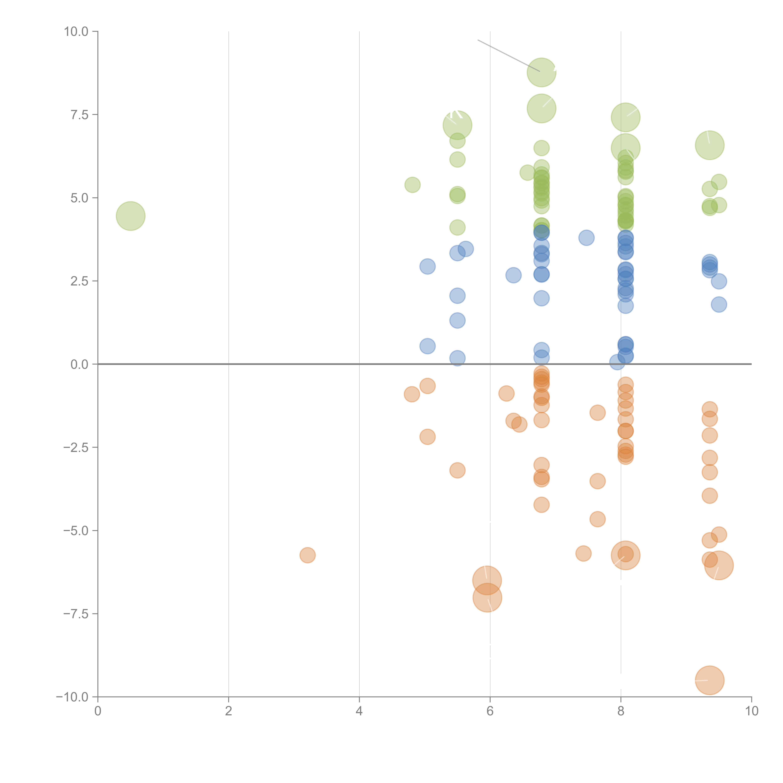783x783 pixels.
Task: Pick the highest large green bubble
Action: click(x=542, y=72)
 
